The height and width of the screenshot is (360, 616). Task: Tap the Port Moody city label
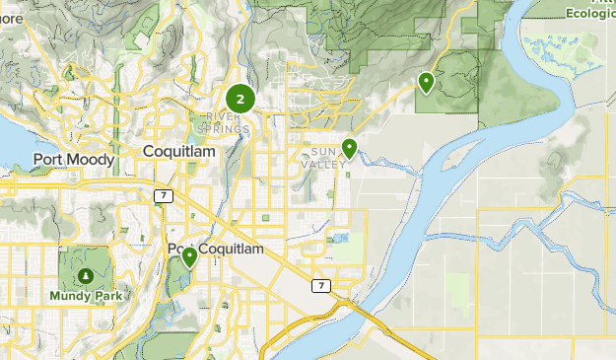(x=74, y=159)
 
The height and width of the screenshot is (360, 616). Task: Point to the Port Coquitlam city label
(x=216, y=250)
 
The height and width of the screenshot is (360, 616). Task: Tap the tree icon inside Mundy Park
(x=86, y=275)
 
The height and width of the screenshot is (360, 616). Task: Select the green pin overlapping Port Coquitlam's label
(x=189, y=257)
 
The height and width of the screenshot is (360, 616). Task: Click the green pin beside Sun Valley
(x=349, y=149)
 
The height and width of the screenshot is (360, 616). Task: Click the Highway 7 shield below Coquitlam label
(x=161, y=196)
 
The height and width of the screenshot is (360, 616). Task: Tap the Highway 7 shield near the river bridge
(x=319, y=285)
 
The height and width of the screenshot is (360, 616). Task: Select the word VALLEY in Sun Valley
(x=329, y=164)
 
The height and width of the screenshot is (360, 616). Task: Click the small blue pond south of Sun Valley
(x=341, y=238)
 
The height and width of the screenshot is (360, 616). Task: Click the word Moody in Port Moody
(x=95, y=159)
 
